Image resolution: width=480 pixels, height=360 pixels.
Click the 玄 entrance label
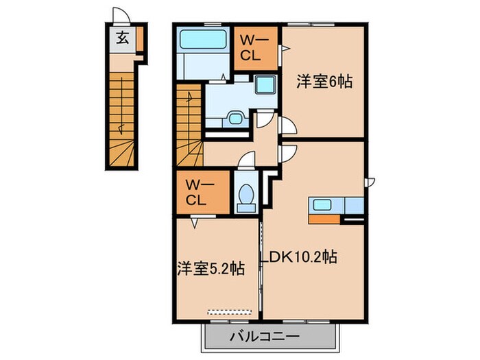(x=121, y=38)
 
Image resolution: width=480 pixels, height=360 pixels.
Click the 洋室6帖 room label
(x=324, y=82)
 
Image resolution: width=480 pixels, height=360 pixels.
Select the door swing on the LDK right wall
(x=370, y=182)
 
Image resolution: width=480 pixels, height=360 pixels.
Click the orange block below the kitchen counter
(x=326, y=219)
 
